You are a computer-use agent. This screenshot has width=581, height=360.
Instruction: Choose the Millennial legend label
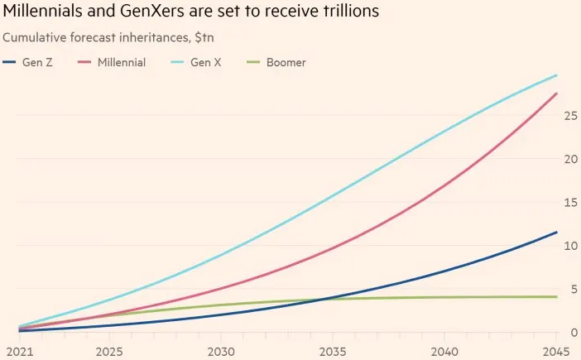[122, 62]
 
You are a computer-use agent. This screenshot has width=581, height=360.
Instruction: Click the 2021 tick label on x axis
[16, 352]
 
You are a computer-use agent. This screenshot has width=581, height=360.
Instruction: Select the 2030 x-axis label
[220, 352]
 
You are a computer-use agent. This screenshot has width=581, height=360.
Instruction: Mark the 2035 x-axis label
[333, 352]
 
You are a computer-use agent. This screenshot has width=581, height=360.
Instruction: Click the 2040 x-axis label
[446, 352]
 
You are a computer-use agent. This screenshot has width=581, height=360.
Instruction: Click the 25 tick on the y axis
[569, 116]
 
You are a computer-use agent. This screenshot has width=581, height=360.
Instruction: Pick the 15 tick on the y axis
[569, 202]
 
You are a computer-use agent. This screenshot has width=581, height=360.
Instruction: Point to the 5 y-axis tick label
[573, 289]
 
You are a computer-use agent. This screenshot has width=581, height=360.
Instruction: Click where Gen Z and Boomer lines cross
[324, 299]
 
